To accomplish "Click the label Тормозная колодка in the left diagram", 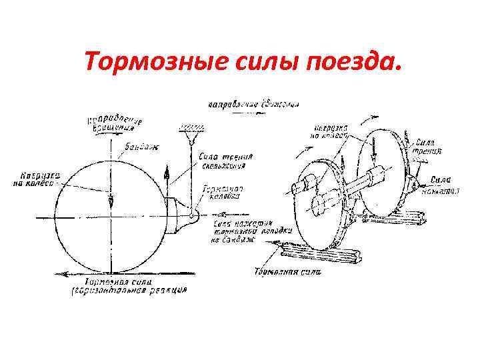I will pos(224,193).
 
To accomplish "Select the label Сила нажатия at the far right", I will pos(443,184).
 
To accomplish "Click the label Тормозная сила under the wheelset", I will pos(287,271).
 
